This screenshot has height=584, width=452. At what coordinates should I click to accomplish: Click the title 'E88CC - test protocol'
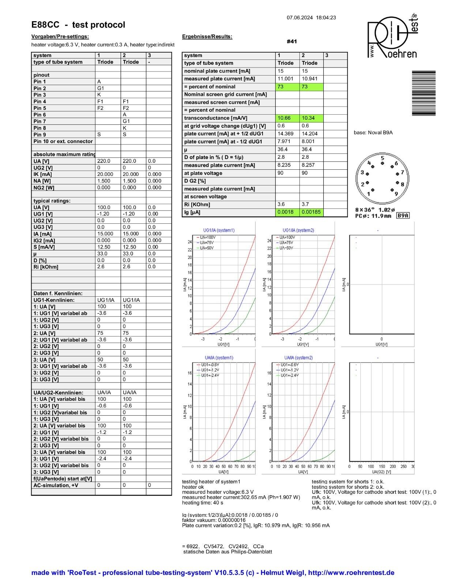point(78,25)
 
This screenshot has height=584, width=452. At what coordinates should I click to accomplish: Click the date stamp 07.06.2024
point(300,18)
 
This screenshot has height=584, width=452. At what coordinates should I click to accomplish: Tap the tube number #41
point(291,42)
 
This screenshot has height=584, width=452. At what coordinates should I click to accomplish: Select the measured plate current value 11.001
point(285,79)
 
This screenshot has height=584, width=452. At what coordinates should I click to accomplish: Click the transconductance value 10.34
point(308,118)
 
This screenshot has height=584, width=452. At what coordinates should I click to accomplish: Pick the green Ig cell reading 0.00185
point(311,212)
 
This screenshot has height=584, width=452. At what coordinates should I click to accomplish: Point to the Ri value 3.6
point(281,204)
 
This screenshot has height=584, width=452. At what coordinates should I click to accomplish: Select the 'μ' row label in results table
point(186,150)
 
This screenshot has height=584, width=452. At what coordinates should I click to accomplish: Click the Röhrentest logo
point(392,36)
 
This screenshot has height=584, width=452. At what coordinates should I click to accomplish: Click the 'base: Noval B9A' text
point(373,132)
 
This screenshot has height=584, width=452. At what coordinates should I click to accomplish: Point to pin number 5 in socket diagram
point(382,158)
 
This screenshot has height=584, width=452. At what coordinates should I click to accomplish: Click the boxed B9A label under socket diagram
point(403,216)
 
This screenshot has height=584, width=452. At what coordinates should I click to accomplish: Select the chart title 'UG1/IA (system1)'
point(219,230)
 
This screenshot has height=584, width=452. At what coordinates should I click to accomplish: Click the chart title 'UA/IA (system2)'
point(298,358)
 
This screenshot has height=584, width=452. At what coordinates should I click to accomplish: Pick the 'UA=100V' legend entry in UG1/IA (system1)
point(207,237)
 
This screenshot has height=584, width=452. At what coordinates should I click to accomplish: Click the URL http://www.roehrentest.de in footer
point(351,573)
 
